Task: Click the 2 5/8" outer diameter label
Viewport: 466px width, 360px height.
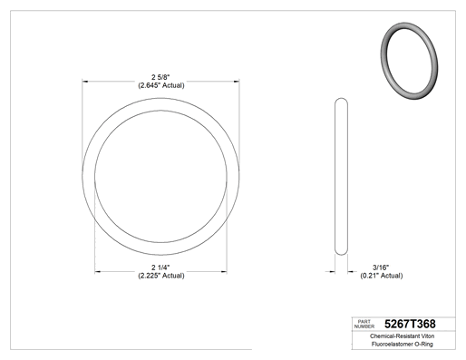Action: point(160,77)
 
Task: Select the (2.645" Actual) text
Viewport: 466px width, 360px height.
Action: point(161,85)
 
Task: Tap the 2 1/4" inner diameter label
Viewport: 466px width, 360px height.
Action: point(160,268)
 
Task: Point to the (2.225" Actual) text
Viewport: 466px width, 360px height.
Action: point(161,276)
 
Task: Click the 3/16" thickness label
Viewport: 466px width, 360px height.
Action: point(381,268)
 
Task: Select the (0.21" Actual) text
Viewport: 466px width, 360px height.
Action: point(382,276)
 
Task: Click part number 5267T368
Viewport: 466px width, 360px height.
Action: point(410,324)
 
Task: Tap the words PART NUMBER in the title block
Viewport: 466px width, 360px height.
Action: point(364,324)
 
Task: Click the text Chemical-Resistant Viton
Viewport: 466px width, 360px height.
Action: point(402,336)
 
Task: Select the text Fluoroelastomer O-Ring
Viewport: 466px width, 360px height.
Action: point(402,344)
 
